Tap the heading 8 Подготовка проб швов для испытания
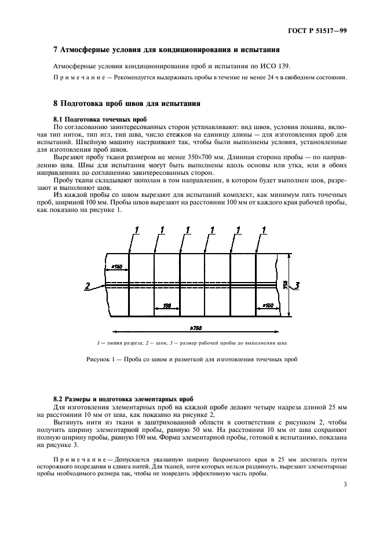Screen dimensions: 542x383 (126, 104)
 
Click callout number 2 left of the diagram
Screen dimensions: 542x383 (86, 285)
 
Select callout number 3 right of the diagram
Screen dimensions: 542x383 (297, 285)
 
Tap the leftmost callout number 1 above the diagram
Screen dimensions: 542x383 (137, 230)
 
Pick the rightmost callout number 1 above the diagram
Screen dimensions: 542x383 (264, 230)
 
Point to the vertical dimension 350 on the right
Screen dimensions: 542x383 (284, 284)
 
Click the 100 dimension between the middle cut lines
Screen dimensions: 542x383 (167, 304)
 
